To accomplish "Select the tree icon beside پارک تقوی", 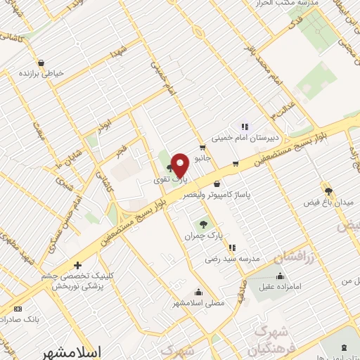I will tap(169, 168).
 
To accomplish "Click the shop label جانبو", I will tap(202, 159).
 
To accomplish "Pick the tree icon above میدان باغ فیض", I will tap(328, 190).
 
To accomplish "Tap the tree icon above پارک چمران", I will tap(203, 224).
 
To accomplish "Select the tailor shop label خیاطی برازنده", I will tap(41, 73).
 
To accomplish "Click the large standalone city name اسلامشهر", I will tap(72, 351).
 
